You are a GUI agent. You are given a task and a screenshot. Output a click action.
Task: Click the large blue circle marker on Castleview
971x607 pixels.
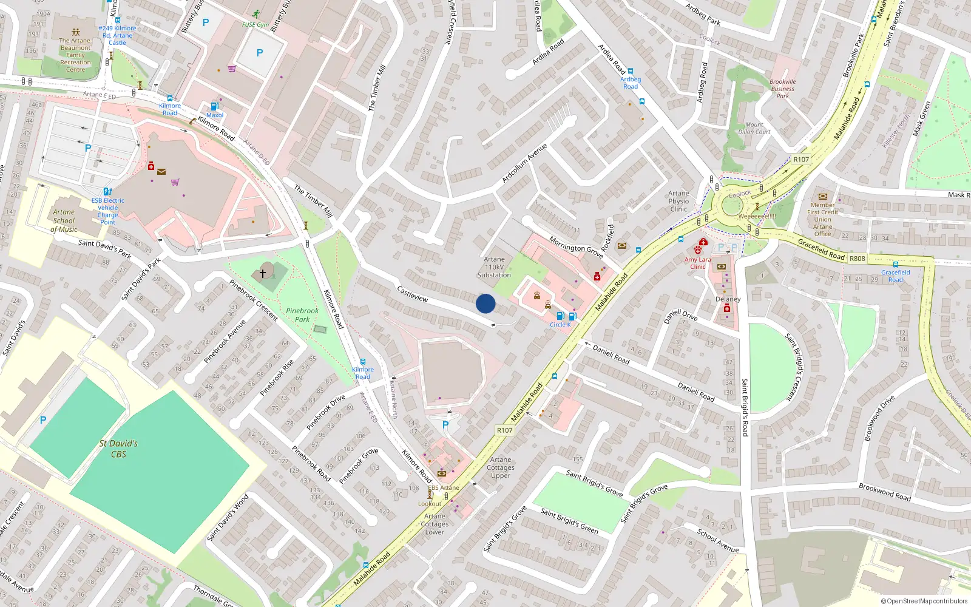486,303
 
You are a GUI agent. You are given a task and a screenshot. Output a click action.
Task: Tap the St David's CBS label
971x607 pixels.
118,449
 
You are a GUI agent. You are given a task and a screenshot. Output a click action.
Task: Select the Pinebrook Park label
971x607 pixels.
302,315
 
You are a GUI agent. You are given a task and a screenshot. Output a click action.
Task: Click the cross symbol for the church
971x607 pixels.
263,274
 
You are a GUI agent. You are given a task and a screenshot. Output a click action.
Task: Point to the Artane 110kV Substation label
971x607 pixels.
494,267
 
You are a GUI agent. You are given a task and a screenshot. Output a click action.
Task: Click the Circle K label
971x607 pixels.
560,325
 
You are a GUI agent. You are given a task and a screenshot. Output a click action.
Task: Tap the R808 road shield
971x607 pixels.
858,259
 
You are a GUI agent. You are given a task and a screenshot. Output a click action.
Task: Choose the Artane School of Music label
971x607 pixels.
64,221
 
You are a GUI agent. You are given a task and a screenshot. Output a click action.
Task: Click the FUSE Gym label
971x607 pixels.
255,25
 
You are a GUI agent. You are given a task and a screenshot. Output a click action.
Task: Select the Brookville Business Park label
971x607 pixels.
782,89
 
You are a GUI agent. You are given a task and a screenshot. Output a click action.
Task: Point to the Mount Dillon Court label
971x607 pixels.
754,128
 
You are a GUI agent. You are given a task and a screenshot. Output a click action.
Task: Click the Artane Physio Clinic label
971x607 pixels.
678,201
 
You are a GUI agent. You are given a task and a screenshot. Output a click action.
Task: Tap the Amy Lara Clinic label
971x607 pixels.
697,263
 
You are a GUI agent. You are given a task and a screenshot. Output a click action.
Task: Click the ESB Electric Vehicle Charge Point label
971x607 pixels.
108,211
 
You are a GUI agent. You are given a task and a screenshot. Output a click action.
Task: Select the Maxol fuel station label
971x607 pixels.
215,115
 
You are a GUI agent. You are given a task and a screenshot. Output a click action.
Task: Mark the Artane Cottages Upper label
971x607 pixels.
501,467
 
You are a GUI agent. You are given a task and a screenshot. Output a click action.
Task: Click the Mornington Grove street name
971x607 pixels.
576,246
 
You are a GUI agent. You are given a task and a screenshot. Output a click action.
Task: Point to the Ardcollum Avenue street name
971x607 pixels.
524,163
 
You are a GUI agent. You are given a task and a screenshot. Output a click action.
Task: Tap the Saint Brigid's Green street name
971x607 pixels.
569,521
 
